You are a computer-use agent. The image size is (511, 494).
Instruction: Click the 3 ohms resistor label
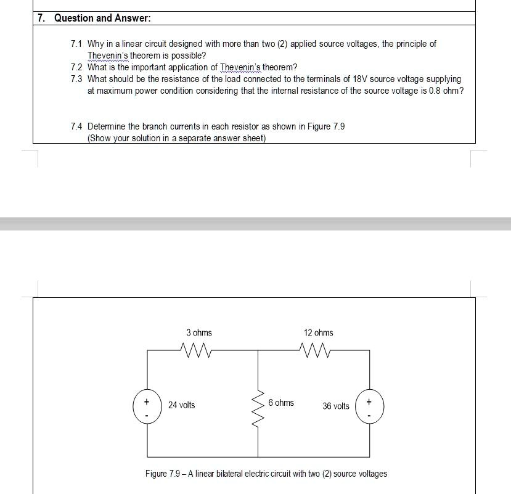pyautogui.click(x=198, y=333)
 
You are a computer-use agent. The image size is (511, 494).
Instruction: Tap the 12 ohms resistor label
pyautogui.click(x=318, y=333)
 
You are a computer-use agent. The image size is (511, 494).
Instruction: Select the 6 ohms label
pyautogui.click(x=281, y=403)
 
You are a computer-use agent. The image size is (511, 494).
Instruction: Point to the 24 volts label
pyautogui.click(x=181, y=405)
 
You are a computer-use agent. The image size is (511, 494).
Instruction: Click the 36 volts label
pyautogui.click(x=335, y=406)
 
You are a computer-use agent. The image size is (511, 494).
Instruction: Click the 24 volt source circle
pyautogui.click(x=147, y=406)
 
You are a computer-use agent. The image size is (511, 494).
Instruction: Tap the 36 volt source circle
pyautogui.click(x=369, y=406)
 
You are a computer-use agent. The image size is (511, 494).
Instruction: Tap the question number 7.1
pyautogui.click(x=76, y=44)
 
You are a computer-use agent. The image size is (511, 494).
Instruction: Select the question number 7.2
pyautogui.click(x=76, y=67)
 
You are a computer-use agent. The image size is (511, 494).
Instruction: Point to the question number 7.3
pyautogui.click(x=76, y=79)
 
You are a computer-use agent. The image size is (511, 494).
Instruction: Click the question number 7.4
pyautogui.click(x=76, y=126)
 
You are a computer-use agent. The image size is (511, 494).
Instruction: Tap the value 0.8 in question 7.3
pyautogui.click(x=436, y=91)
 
